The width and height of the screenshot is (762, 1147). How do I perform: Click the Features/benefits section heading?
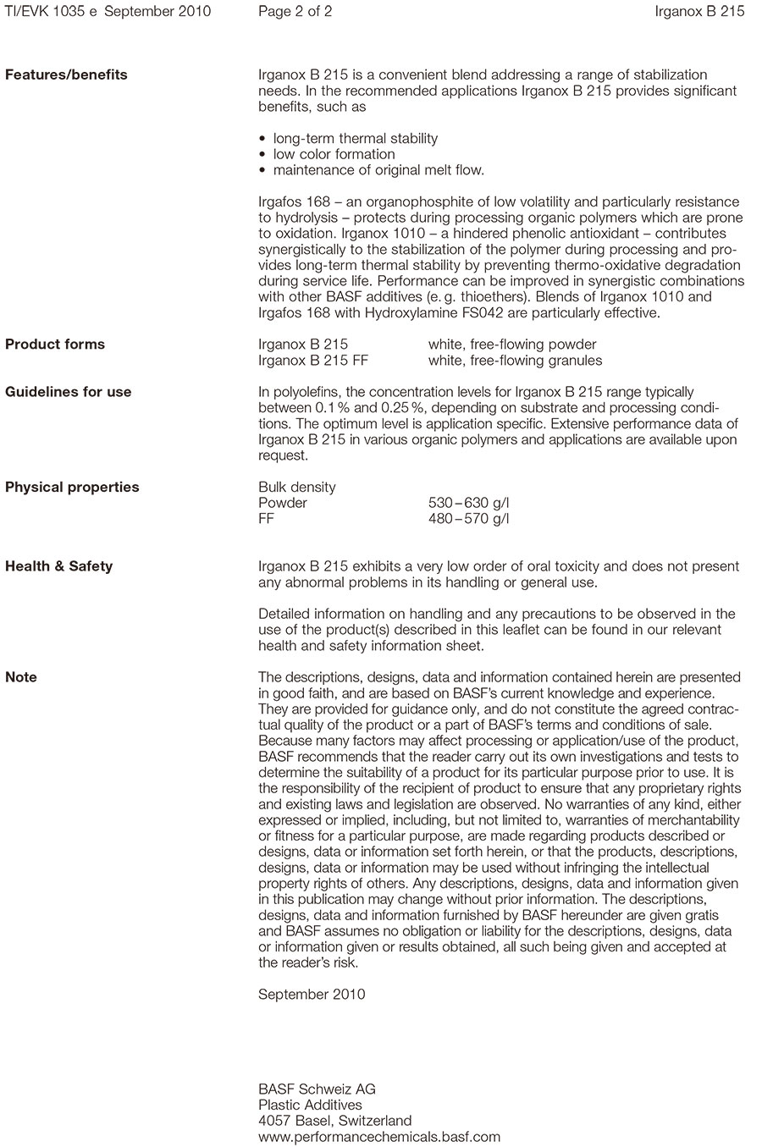point(66,74)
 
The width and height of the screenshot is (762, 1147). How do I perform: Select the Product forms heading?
point(55,344)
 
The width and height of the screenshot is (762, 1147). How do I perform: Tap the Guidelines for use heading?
point(69,392)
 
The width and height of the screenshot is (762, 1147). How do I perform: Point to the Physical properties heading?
point(72,487)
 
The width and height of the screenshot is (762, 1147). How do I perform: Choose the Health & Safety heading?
point(58,566)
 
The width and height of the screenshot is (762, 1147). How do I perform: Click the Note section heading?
point(21,677)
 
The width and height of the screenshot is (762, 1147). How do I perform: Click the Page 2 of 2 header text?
point(295,11)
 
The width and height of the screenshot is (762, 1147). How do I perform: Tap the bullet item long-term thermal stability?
point(355,138)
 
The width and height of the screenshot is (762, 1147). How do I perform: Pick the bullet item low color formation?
point(334,154)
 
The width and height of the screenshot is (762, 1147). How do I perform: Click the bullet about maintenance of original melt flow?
point(378,170)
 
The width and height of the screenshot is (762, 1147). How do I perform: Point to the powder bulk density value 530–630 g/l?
point(469,503)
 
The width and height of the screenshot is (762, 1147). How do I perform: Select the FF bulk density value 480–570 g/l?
point(469,519)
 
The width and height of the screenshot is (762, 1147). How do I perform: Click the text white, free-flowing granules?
point(515,361)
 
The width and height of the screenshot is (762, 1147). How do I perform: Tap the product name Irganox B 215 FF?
point(313,361)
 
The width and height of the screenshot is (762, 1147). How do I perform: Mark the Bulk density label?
point(296,487)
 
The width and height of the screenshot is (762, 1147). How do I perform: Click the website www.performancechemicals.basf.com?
point(379,1137)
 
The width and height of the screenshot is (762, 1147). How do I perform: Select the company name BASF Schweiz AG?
point(317,1089)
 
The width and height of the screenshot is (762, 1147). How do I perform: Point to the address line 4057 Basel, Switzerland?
point(334,1121)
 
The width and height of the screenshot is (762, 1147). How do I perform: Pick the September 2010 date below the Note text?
point(312,994)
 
